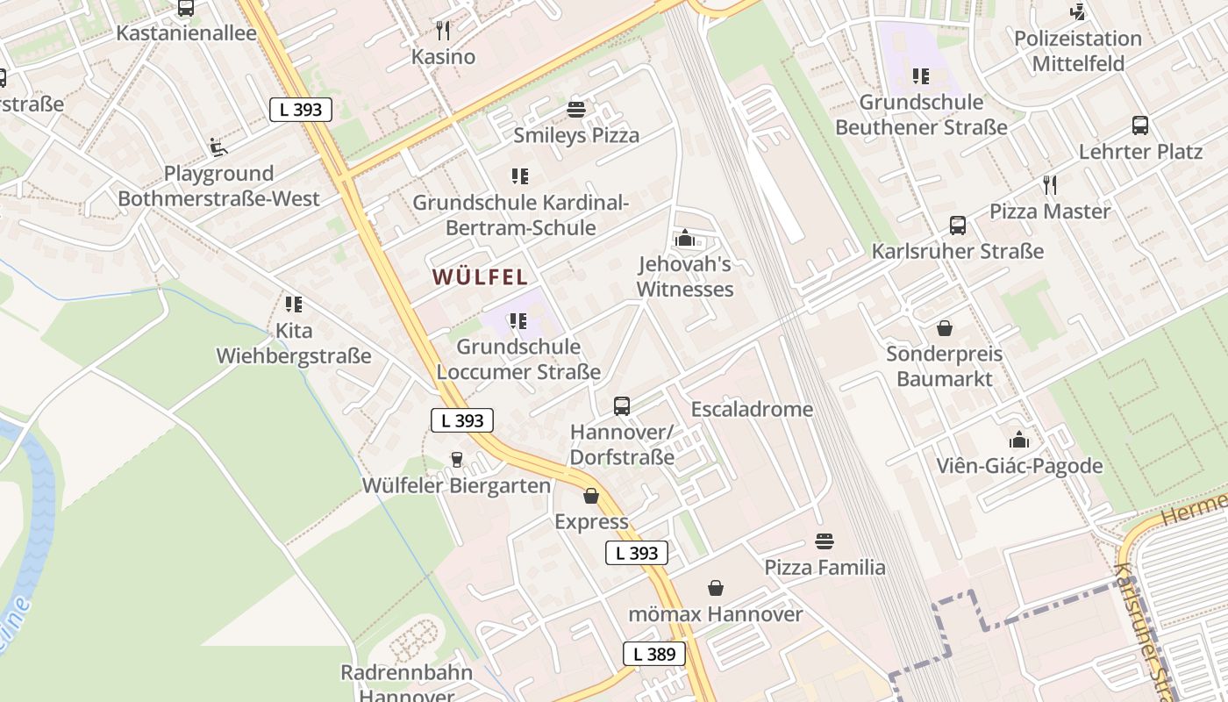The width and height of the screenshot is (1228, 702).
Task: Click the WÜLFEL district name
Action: (x=480, y=277)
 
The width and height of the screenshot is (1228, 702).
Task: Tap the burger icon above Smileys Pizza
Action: (x=576, y=110)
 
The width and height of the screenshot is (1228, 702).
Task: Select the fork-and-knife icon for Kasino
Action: (x=443, y=32)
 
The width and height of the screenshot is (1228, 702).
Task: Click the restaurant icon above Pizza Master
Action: (x=1050, y=185)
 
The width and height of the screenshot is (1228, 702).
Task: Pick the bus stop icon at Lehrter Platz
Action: (x=1140, y=125)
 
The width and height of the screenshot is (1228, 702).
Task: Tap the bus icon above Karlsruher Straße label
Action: (x=958, y=226)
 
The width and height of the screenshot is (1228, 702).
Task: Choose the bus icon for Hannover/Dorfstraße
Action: (x=622, y=406)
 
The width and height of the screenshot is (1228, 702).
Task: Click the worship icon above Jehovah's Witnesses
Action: (x=685, y=238)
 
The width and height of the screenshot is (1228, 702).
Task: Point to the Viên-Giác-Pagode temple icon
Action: (x=1019, y=440)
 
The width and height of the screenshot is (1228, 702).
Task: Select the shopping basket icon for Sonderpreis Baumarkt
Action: (x=945, y=328)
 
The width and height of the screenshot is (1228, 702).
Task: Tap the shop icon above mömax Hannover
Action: (x=716, y=588)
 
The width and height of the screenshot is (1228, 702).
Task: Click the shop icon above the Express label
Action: (x=591, y=497)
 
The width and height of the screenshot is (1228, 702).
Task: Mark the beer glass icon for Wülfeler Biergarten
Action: (x=456, y=460)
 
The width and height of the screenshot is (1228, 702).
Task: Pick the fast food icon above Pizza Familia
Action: (x=825, y=541)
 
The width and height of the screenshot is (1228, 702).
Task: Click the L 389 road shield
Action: (x=653, y=654)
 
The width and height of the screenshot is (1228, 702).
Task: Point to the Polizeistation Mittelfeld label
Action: (x=1078, y=51)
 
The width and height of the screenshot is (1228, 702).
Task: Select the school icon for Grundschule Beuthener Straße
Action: (x=920, y=76)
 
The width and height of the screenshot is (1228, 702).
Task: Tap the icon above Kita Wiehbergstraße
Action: (x=294, y=304)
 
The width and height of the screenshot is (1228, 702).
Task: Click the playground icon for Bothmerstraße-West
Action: (x=218, y=147)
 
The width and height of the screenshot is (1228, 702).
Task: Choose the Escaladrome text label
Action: (x=752, y=410)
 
